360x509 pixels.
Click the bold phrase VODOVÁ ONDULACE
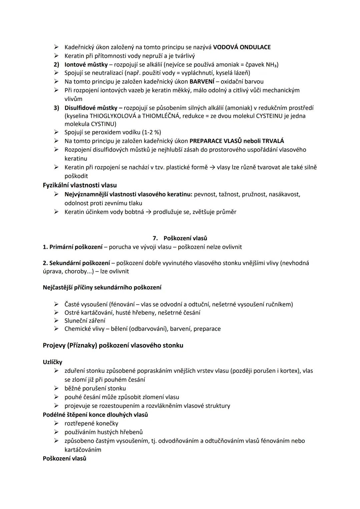click(x=242, y=47)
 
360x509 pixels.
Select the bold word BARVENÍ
click(x=202, y=81)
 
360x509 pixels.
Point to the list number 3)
click(x=56, y=108)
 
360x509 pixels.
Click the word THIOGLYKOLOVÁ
click(x=109, y=116)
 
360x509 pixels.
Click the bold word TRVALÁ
click(x=273, y=141)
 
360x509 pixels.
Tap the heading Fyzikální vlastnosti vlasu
click(x=80, y=185)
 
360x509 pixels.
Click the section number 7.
click(x=155, y=238)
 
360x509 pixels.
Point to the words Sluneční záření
click(x=85, y=321)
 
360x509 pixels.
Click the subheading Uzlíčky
click(x=52, y=362)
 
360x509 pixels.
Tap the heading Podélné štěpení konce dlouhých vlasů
click(x=95, y=415)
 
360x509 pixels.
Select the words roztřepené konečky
click(x=91, y=423)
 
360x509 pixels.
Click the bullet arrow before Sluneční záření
click(x=56, y=321)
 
